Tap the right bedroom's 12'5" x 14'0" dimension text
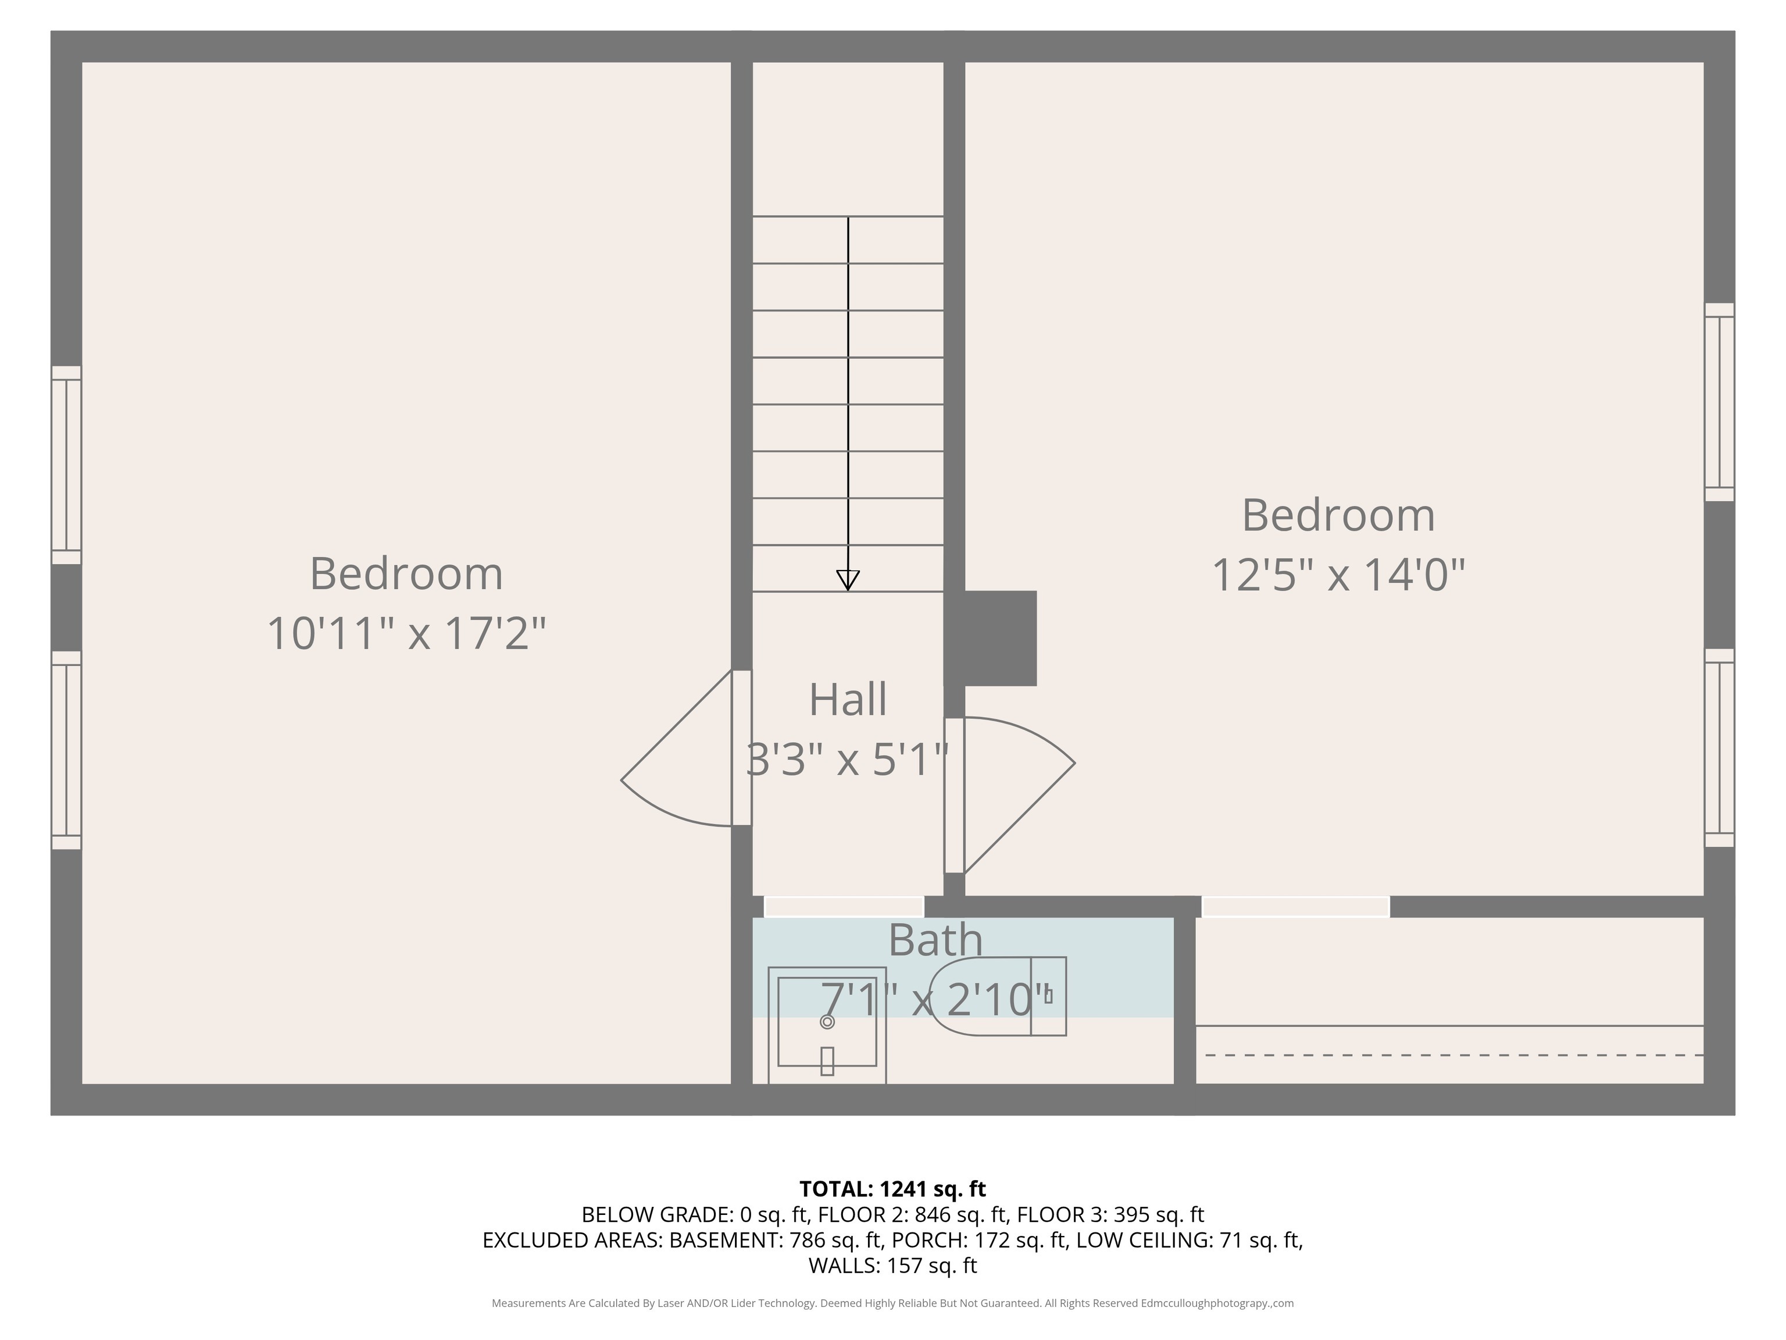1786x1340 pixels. (x=1338, y=575)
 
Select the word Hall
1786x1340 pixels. (x=848, y=700)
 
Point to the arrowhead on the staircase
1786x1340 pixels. (x=848, y=579)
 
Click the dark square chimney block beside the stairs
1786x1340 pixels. (x=999, y=638)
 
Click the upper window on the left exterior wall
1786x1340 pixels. (x=66, y=465)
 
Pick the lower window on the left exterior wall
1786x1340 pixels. (x=66, y=750)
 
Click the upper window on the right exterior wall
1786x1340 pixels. (x=1719, y=402)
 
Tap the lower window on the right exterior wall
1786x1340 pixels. (x=1719, y=748)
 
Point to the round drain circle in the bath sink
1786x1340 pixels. (x=827, y=1022)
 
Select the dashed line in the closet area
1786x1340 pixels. (x=1453, y=1055)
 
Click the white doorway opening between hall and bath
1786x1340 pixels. (x=844, y=906)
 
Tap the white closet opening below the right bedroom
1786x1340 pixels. (x=1295, y=906)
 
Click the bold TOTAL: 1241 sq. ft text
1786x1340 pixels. (x=892, y=1189)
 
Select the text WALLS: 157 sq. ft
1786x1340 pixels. (x=892, y=1266)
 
